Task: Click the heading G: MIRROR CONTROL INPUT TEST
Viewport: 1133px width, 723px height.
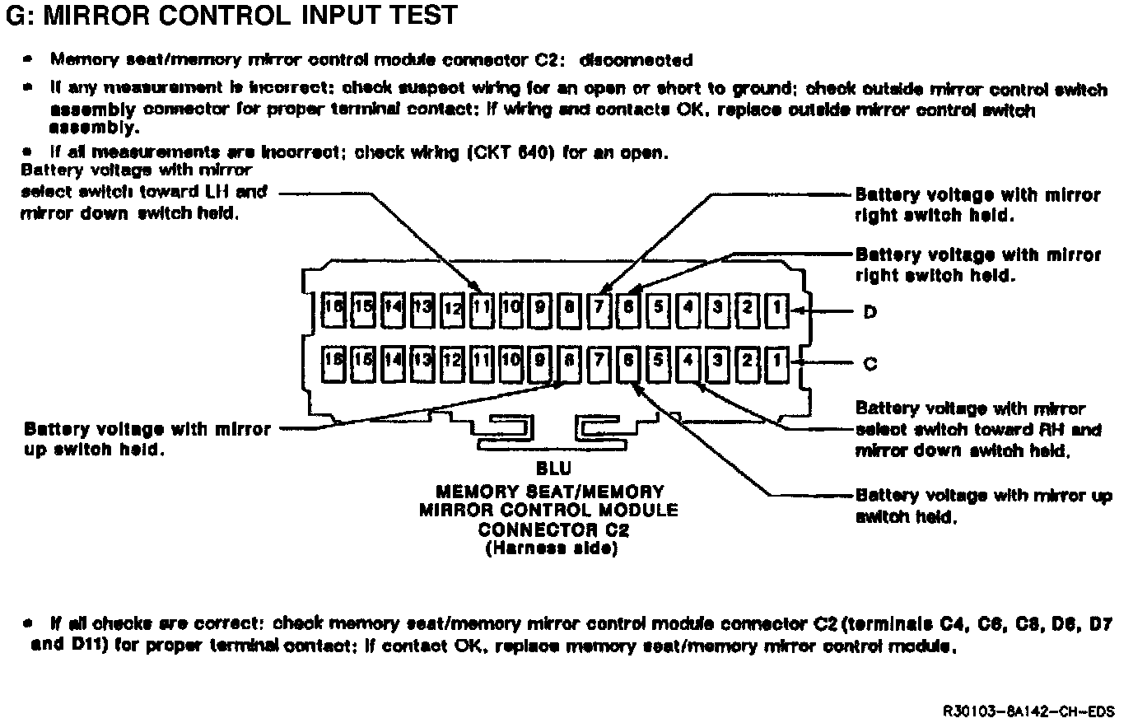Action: click(x=231, y=16)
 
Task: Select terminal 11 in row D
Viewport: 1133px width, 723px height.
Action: click(x=482, y=309)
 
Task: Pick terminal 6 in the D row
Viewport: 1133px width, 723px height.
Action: click(x=629, y=309)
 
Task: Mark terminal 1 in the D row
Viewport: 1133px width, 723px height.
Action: click(x=776, y=309)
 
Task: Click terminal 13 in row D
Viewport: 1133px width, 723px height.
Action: click(x=422, y=309)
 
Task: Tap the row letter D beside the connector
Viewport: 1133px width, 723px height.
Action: click(x=870, y=313)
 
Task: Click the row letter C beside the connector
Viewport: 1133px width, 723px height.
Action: click(x=870, y=363)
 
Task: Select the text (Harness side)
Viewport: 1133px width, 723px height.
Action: click(x=551, y=549)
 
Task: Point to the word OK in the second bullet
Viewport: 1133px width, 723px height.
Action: click(x=688, y=110)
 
